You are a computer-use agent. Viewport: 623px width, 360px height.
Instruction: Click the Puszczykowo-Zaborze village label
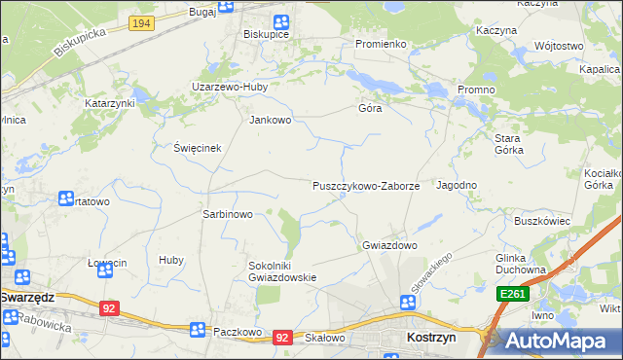[x=366, y=186]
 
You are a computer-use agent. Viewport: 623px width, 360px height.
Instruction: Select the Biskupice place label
[x=265, y=32]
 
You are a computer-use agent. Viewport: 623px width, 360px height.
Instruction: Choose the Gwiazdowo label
[x=389, y=245]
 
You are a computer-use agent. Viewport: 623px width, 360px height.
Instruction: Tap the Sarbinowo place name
[x=227, y=214]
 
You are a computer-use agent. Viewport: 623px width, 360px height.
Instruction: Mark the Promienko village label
[x=380, y=45]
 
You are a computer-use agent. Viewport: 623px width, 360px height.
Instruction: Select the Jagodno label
[x=457, y=185]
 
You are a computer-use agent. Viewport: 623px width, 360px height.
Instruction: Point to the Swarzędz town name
[x=40, y=297]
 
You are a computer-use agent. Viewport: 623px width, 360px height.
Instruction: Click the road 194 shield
[x=141, y=22]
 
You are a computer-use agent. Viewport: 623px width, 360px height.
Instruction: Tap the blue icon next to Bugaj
[x=226, y=7]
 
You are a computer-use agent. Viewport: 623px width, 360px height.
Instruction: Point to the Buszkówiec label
[x=541, y=221]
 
